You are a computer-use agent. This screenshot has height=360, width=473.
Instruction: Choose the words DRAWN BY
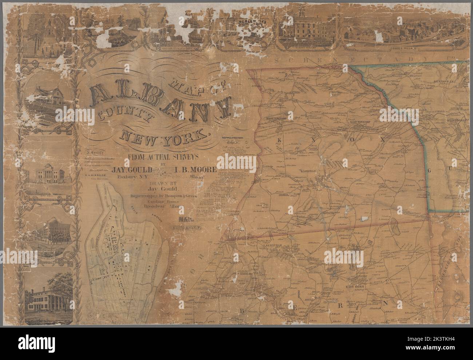click(158, 183)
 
